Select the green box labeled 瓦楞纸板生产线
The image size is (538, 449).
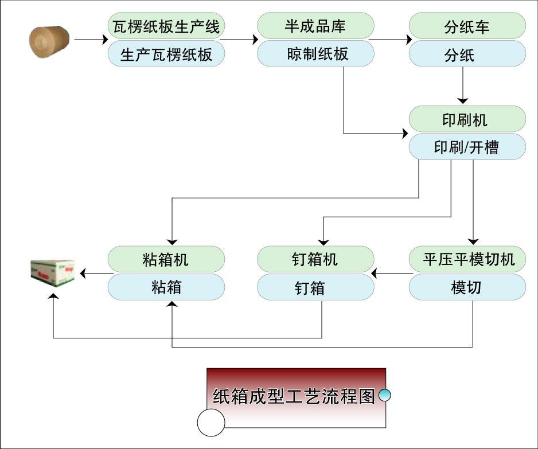point(166,26)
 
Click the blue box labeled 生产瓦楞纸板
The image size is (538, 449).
point(166,54)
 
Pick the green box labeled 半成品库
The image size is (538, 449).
point(315,26)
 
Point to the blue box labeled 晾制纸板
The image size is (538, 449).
point(315,54)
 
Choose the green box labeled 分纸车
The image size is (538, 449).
point(467,26)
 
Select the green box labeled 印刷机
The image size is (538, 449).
point(467,119)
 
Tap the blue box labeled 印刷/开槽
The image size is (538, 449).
point(467,147)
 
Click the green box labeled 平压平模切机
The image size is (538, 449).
point(467,259)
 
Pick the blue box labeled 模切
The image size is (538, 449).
point(467,287)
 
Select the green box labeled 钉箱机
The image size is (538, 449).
point(315,259)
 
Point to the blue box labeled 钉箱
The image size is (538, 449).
point(315,287)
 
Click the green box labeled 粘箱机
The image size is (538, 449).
point(166,259)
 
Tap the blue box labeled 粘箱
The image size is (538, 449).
point(166,287)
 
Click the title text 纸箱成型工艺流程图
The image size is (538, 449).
point(294,396)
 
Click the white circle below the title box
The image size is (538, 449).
point(211,423)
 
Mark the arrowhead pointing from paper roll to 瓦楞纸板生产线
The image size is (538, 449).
point(104,40)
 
